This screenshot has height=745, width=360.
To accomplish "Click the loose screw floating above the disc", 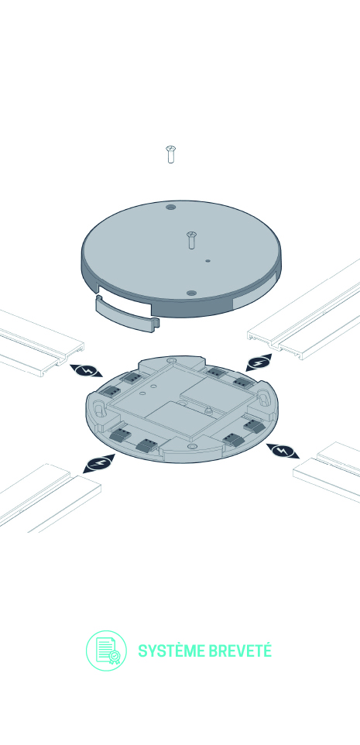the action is (170, 154).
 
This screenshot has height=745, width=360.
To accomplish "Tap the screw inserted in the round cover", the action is (191, 240).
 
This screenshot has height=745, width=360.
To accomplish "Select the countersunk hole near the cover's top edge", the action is (170, 208).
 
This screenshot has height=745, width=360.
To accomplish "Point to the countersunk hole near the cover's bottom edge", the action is (191, 294).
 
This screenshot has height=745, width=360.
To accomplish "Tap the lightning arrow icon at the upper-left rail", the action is (86, 371).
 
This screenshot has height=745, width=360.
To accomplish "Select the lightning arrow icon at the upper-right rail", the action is (259, 362).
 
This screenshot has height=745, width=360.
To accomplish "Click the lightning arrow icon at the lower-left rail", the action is (99, 464).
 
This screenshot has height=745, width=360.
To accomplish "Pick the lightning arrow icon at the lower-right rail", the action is (283, 451).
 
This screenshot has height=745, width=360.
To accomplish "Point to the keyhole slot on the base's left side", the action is (100, 409).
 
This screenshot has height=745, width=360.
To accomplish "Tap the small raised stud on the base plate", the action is (207, 410).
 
